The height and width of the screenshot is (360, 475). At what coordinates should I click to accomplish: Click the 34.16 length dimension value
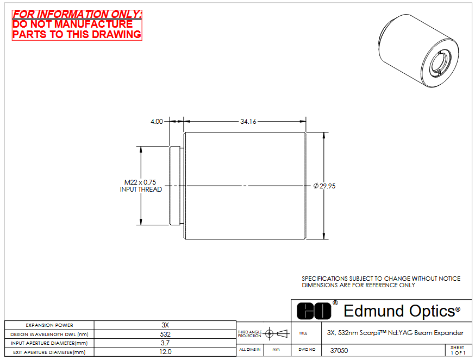[x=248, y=122]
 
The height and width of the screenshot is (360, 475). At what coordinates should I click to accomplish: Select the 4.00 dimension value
[x=157, y=122]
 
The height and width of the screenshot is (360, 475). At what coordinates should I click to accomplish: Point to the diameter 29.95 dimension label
[x=324, y=186]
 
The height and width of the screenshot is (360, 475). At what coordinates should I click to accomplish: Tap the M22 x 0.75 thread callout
[x=140, y=182]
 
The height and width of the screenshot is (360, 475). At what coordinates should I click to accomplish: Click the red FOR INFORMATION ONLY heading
[x=77, y=14]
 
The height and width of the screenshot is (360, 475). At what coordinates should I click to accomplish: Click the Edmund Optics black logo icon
[x=314, y=311]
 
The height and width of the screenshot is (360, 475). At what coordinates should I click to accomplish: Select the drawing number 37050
[x=339, y=350]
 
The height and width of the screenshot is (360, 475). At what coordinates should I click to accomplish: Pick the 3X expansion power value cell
[x=165, y=325]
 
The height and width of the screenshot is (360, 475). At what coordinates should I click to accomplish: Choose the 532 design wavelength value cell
[x=165, y=334]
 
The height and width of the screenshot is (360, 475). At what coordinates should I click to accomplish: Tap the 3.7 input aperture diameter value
[x=165, y=343]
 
